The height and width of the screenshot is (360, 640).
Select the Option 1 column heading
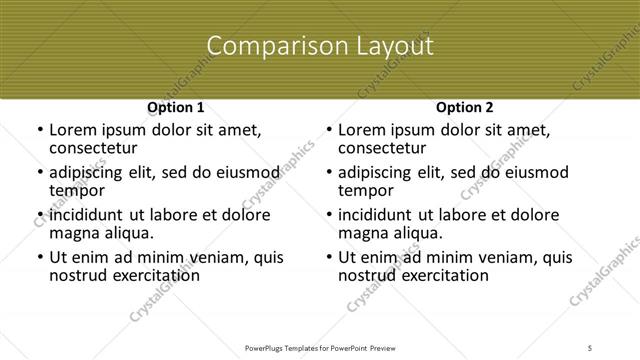[175, 107]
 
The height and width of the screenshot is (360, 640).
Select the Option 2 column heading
[464, 107]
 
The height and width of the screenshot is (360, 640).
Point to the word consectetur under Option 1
[92, 148]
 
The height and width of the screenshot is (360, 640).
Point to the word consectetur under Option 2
[381, 148]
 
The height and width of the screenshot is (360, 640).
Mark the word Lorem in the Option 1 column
[72, 130]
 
